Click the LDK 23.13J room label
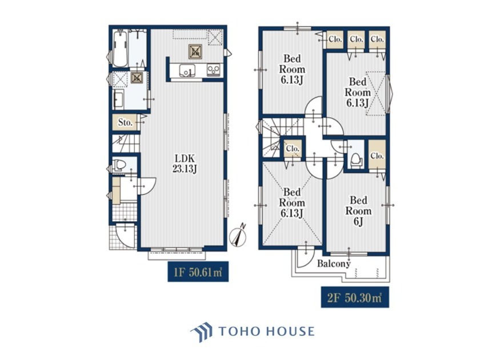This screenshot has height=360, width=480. [185, 163]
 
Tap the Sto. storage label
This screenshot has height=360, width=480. [125, 122]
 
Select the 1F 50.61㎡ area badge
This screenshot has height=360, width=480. [198, 271]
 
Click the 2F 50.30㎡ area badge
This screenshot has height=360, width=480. [355, 297]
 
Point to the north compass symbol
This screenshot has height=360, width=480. [238, 236]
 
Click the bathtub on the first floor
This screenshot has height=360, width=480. [120, 49]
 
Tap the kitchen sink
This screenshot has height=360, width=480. [186, 71]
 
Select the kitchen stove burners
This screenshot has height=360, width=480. [213, 70]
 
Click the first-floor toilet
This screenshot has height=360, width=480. [119, 165]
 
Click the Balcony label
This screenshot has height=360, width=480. [334, 263]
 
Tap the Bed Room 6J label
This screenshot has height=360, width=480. [358, 211]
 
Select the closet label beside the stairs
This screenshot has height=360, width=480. [293, 149]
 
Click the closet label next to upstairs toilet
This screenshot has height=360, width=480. [377, 156]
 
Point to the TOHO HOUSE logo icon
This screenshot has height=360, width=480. [201, 331]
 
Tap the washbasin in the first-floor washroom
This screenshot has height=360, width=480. [118, 99]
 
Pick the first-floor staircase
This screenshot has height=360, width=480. [126, 143]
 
